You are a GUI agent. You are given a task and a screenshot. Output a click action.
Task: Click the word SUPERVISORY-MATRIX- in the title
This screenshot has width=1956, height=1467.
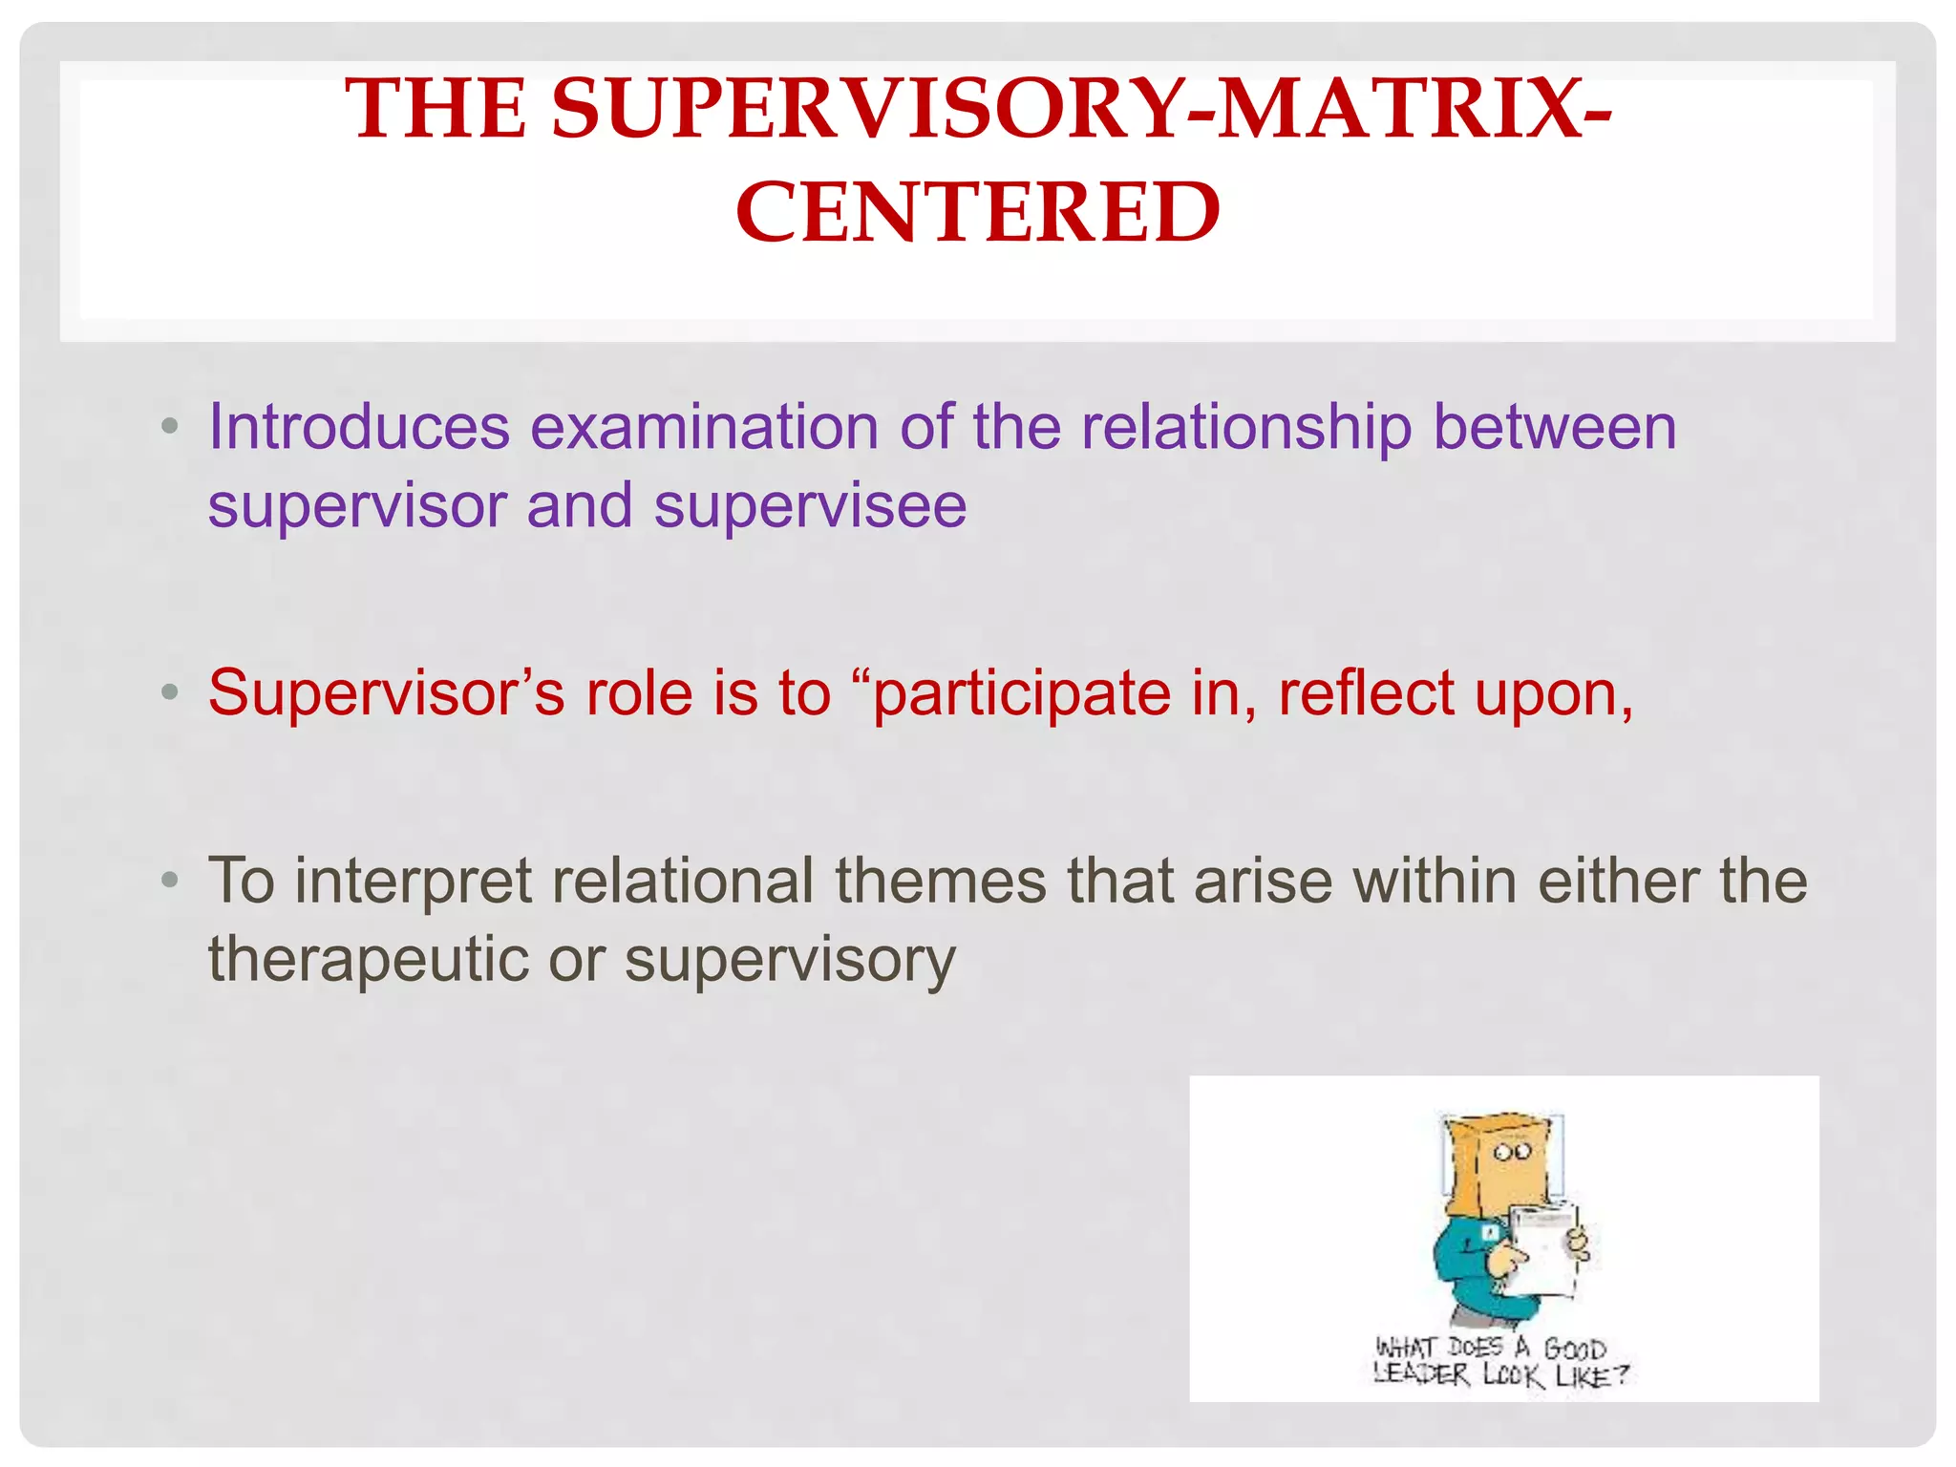[1081, 108]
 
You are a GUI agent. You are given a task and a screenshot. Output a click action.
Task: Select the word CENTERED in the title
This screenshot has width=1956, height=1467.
[977, 212]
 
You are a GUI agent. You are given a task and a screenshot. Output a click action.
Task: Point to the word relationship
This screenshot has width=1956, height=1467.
[1245, 428]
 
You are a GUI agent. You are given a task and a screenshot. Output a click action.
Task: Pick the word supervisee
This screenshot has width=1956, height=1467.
[810, 505]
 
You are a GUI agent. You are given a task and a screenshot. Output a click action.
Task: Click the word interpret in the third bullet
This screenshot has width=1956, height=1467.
[413, 881]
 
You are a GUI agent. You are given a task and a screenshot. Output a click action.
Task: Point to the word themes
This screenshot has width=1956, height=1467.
[941, 880]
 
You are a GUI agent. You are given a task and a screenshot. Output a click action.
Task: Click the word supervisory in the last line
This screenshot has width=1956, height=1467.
[789, 960]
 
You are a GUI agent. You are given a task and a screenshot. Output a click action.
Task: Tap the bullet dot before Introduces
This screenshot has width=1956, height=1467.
[170, 427]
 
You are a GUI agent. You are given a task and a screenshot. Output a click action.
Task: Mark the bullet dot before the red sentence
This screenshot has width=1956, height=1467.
[170, 691]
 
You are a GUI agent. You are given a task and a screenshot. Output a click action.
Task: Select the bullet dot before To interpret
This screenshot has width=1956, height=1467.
[170, 880]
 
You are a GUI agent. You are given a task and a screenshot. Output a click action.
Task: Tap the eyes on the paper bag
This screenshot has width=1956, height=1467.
[1513, 1151]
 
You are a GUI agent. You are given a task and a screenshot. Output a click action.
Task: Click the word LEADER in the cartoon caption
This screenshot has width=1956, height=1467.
[1420, 1374]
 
